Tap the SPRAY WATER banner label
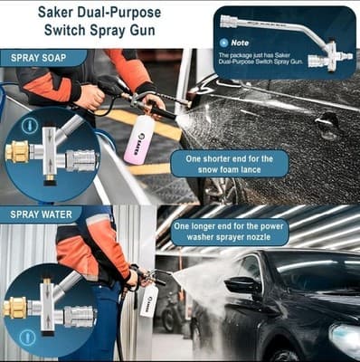click(x=44, y=215)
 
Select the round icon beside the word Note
click(x=223, y=43)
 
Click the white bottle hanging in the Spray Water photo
click(x=149, y=301)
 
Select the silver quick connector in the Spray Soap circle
click(x=79, y=160)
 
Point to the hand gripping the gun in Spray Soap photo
click(x=91, y=97)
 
